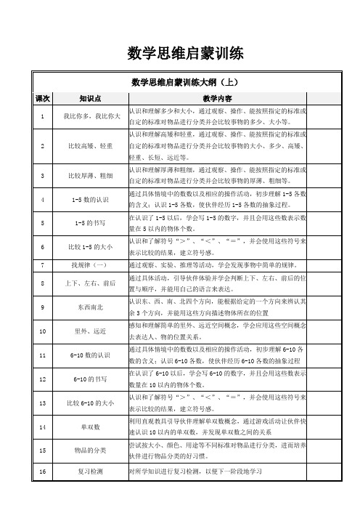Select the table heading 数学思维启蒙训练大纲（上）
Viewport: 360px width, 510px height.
coord(179,81)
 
